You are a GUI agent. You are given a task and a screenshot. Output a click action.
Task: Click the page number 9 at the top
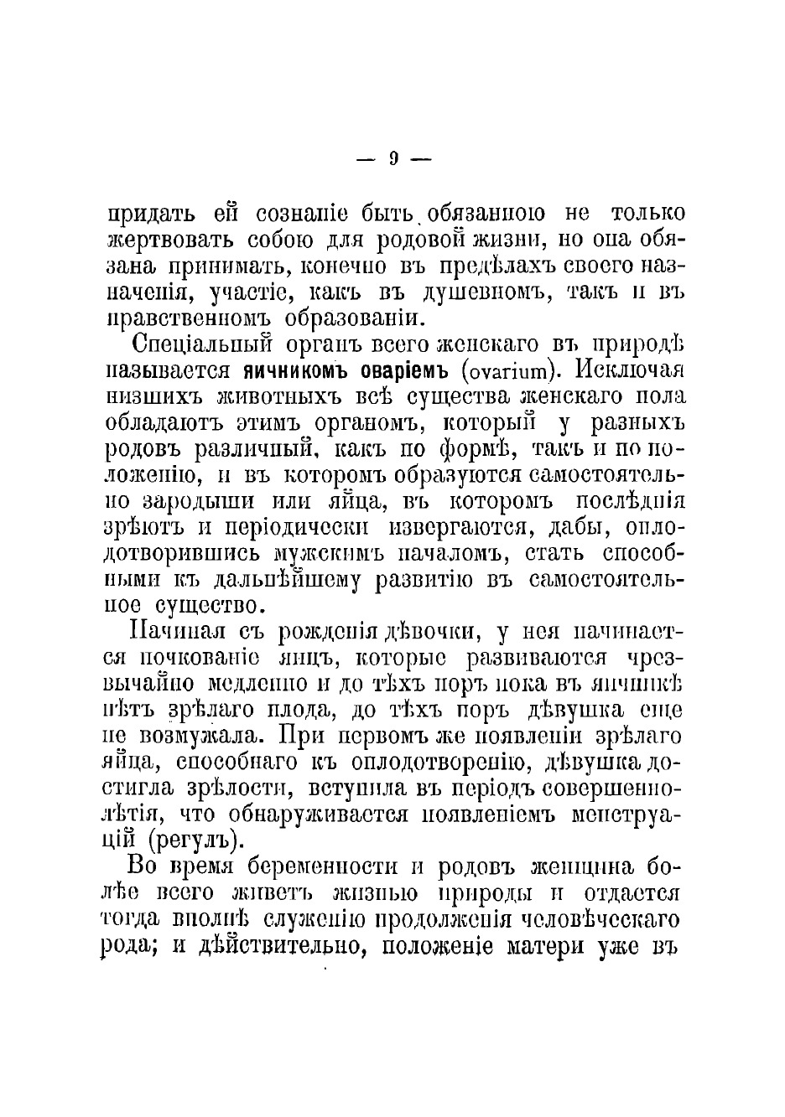click(x=392, y=158)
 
